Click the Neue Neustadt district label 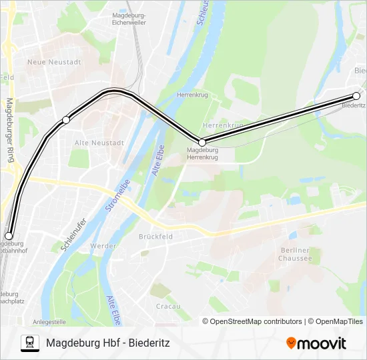coord(54,62)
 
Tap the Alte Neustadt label coord(99,143)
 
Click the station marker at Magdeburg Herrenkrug coord(202,141)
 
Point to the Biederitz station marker coord(356,96)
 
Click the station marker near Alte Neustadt coord(66,120)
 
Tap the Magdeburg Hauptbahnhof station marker coord(9,235)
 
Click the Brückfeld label coord(156,236)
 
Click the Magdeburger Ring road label coord(9,131)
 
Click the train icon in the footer coord(29,343)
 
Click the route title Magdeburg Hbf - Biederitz coord(108,343)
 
